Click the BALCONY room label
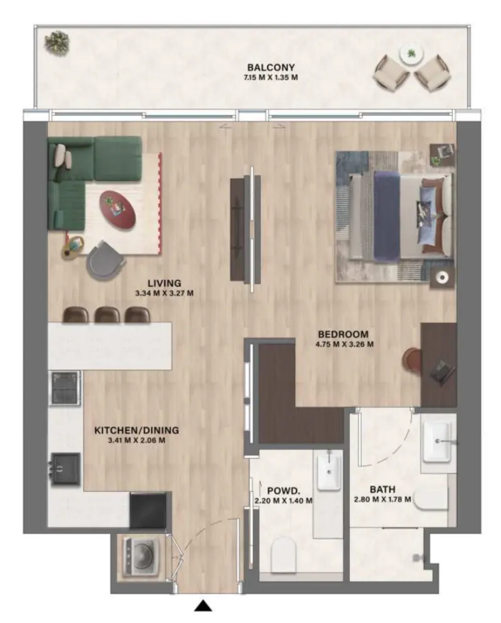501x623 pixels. click(x=271, y=68)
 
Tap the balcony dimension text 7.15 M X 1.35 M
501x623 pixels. click(x=271, y=78)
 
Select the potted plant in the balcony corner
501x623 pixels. click(x=56, y=43)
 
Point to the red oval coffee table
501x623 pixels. click(x=119, y=209)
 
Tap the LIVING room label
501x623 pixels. click(x=164, y=282)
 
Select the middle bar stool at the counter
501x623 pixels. click(x=107, y=315)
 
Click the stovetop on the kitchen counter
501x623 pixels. click(x=65, y=389)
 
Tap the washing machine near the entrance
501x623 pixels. click(x=140, y=557)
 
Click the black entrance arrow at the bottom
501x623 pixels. click(x=203, y=605)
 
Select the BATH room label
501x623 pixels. click(x=382, y=489)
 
